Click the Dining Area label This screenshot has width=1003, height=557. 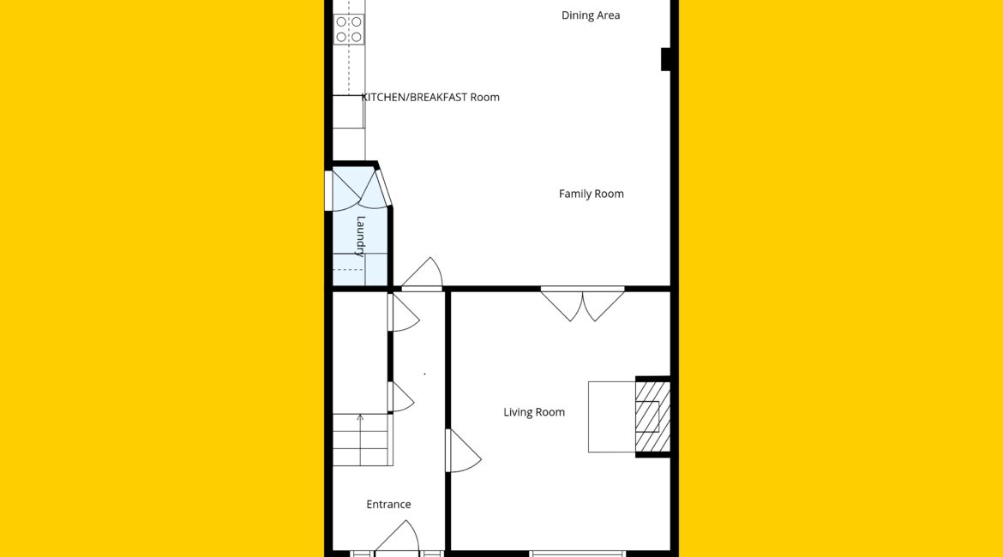(591, 15)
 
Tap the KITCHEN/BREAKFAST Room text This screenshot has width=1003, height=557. (430, 97)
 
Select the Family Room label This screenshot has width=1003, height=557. (591, 194)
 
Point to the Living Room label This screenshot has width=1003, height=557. (534, 412)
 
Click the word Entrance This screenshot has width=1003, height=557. (388, 505)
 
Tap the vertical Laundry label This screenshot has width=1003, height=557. (361, 237)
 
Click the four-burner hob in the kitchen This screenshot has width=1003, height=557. (349, 29)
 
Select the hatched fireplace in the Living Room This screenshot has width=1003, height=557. (652, 416)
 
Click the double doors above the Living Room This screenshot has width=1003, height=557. (583, 303)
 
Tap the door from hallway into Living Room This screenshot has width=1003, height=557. (462, 450)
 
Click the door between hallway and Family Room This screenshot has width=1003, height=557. (422, 273)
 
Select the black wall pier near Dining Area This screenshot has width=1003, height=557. (665, 59)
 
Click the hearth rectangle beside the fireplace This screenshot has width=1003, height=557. (611, 417)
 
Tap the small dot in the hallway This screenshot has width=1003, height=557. (424, 374)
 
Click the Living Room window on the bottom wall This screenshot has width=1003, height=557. (576, 554)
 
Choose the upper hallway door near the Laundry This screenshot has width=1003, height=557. (403, 313)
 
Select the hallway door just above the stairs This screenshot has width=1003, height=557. (400, 397)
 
